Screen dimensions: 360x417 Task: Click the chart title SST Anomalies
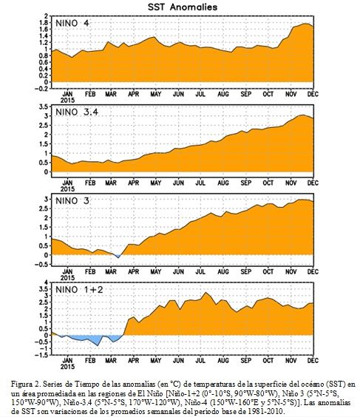click(x=183, y=7)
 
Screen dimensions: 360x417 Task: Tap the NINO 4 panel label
click(x=72, y=24)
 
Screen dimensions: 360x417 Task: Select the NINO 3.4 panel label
click(x=77, y=112)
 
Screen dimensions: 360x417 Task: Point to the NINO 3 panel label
click(x=72, y=201)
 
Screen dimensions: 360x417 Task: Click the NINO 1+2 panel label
click(x=79, y=289)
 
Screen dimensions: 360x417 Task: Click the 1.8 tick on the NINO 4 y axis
click(x=44, y=23)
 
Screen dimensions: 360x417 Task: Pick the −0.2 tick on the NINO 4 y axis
click(x=42, y=89)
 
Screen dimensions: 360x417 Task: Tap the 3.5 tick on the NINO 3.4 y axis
click(x=44, y=107)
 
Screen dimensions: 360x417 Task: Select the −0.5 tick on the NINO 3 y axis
click(x=42, y=265)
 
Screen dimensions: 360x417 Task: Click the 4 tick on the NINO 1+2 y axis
click(x=47, y=282)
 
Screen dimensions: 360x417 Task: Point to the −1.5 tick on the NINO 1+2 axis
click(x=42, y=355)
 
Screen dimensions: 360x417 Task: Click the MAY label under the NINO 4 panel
click(x=156, y=94)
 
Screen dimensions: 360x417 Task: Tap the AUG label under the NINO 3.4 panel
click(x=223, y=183)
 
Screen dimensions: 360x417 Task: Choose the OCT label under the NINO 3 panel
click(x=268, y=272)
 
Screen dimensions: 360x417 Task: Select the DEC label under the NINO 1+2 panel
click(x=313, y=361)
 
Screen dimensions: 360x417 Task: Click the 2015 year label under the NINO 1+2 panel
click(x=67, y=367)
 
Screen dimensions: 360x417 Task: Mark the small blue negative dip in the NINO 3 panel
click(x=117, y=256)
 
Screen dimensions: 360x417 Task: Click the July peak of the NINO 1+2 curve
click(x=205, y=293)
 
